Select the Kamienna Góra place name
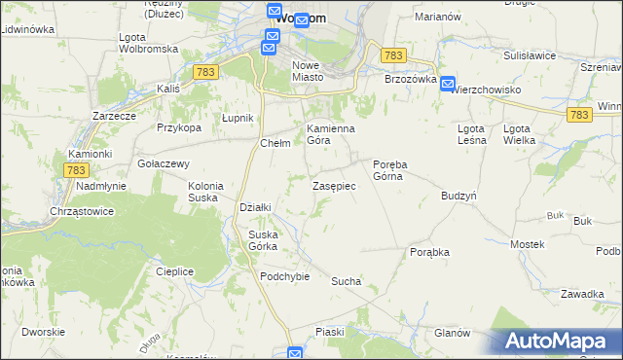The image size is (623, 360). tap(331, 134)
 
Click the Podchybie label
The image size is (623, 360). tap(284, 276)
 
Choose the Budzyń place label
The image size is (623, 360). tap(458, 195)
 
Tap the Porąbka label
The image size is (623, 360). tap(429, 252)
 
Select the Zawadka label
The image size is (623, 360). tap(583, 294)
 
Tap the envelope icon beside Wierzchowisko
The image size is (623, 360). tap(446, 85)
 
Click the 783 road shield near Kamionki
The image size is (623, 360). tap(76, 169)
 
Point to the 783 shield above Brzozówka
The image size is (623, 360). tap(393, 56)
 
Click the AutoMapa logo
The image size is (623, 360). tap(556, 341)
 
